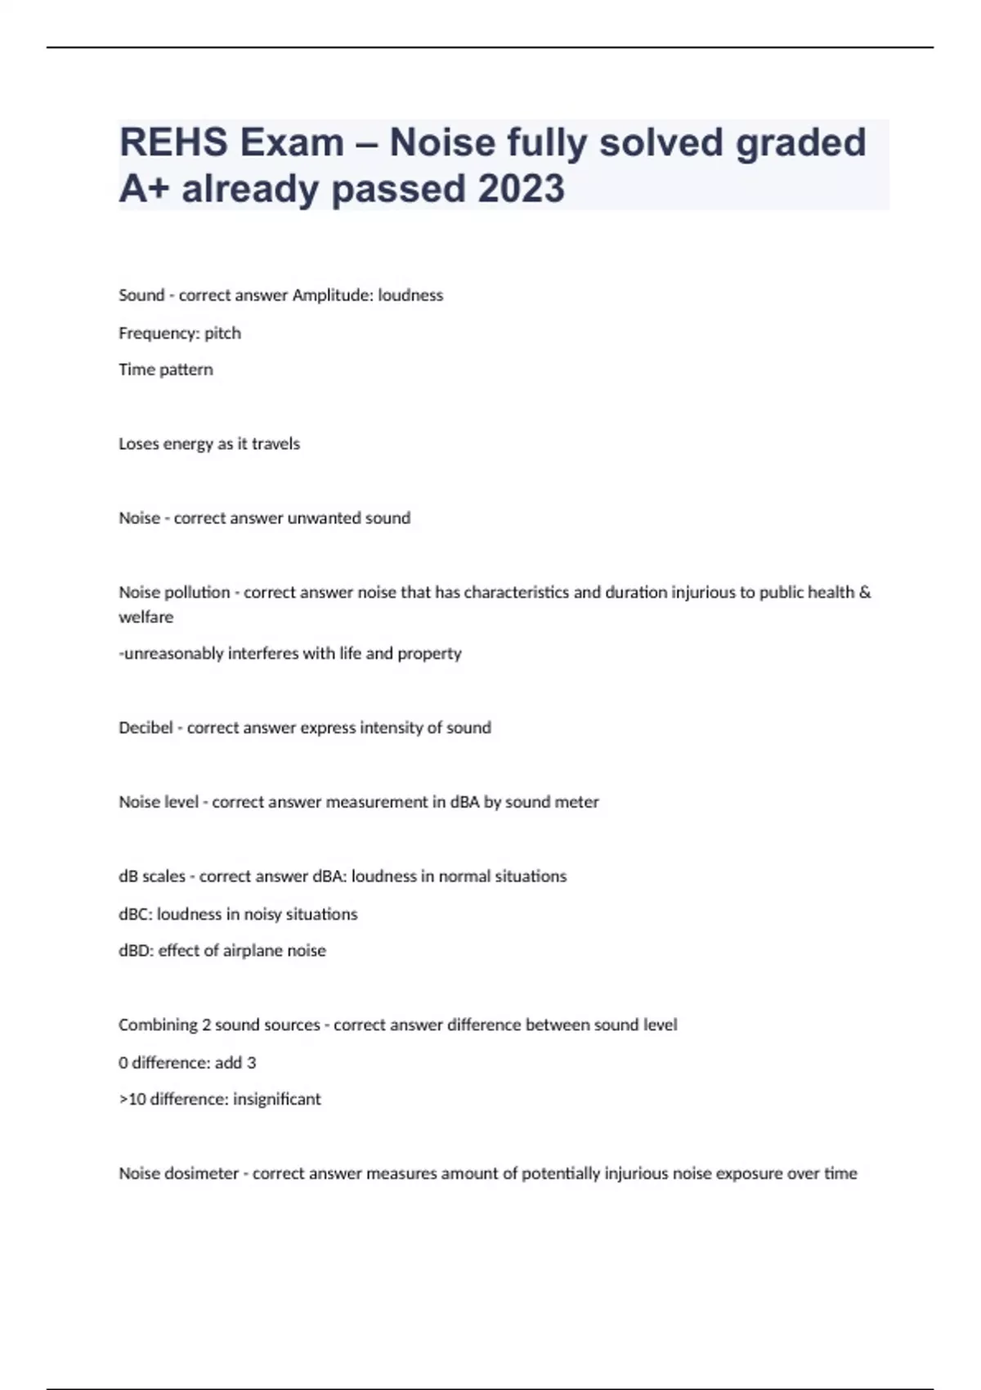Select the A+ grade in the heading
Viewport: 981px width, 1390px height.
tap(144, 188)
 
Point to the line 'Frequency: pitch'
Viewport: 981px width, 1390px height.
tap(180, 333)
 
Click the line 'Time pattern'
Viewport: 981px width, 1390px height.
tap(166, 370)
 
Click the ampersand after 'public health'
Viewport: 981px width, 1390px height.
tap(865, 592)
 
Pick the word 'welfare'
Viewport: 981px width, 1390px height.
tap(146, 617)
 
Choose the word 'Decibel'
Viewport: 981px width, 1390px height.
tap(146, 728)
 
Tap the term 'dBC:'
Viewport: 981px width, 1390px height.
tap(136, 914)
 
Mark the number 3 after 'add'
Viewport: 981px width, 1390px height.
tap(251, 1063)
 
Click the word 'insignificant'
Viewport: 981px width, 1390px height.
tap(277, 1100)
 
